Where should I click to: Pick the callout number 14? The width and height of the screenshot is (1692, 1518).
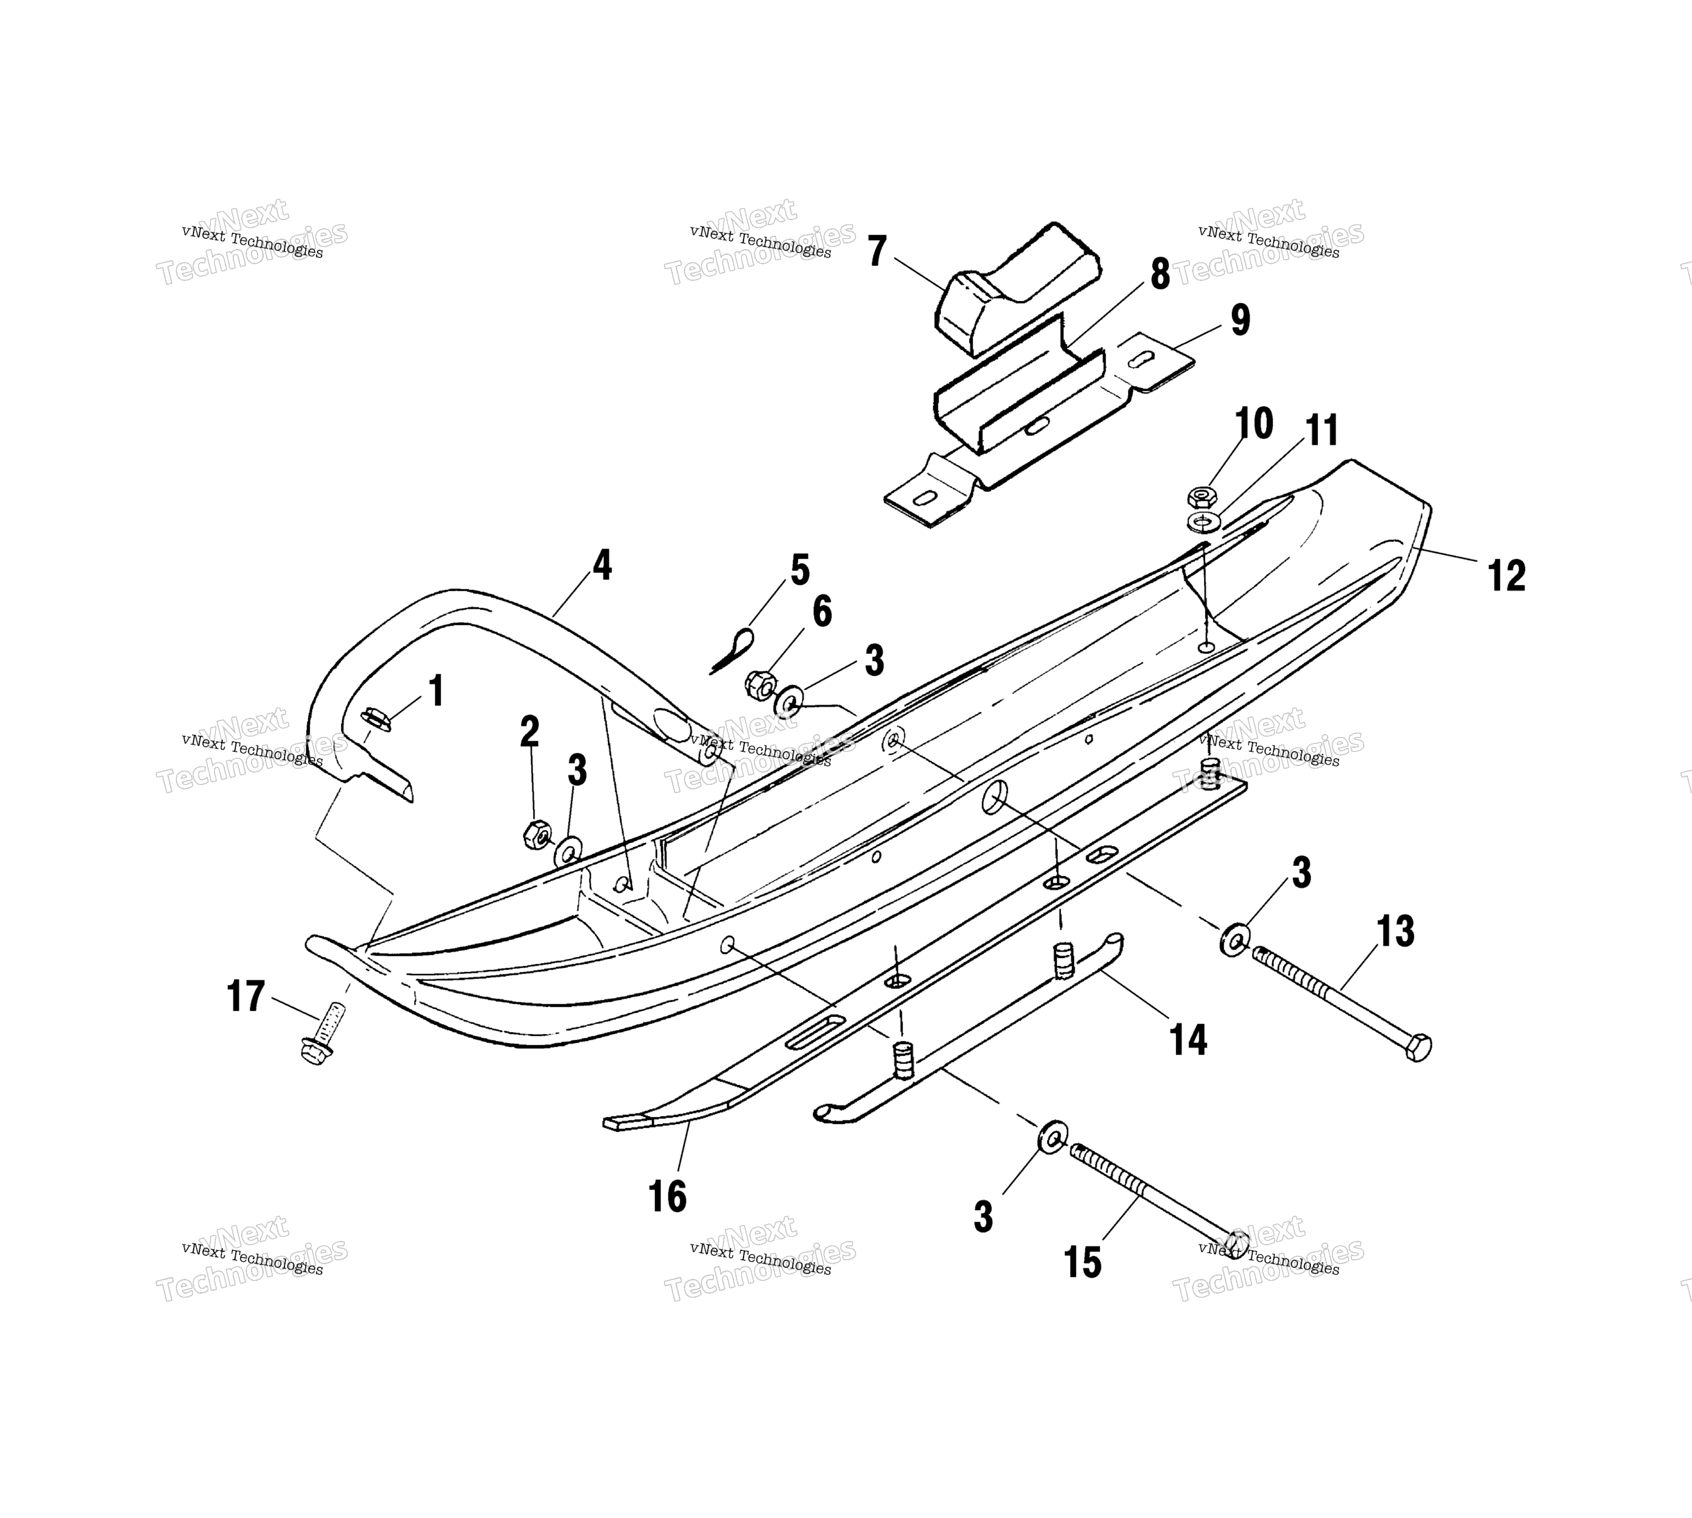(x=1188, y=1039)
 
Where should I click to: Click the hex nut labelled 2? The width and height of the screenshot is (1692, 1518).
(x=536, y=834)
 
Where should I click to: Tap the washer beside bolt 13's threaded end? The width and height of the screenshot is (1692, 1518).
(x=1234, y=940)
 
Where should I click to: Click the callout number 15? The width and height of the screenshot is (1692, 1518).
(x=1082, y=1263)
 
